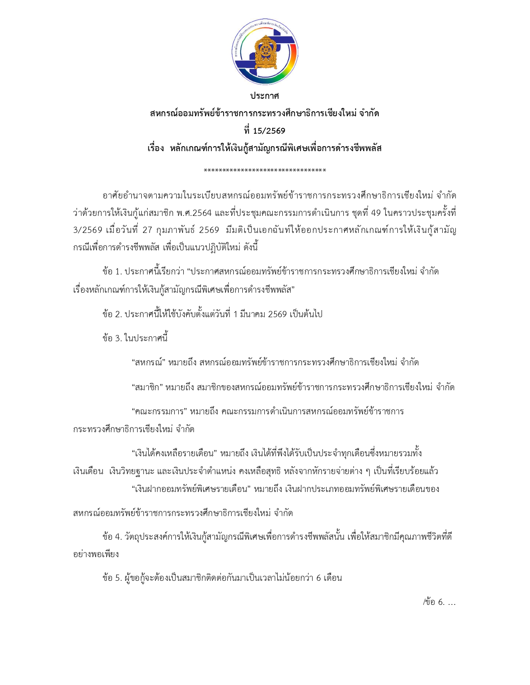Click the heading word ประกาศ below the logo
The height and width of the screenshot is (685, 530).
click(x=264, y=96)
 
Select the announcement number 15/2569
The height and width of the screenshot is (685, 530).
click(x=269, y=131)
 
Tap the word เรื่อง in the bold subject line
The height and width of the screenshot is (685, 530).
click(x=156, y=148)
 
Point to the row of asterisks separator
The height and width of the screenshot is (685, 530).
click(x=265, y=171)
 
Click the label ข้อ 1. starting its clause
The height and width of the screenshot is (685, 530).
click(x=112, y=272)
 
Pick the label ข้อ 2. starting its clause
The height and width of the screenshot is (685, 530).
click(x=112, y=314)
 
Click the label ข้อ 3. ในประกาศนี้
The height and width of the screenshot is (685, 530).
click(x=135, y=338)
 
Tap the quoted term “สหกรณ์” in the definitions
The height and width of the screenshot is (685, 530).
click(x=149, y=363)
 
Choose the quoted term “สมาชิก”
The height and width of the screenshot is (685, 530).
click(x=147, y=388)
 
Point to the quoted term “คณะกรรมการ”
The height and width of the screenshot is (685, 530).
click(x=159, y=412)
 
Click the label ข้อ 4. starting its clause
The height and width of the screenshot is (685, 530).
click(x=112, y=537)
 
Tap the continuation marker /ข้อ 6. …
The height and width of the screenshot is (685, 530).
click(x=439, y=602)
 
